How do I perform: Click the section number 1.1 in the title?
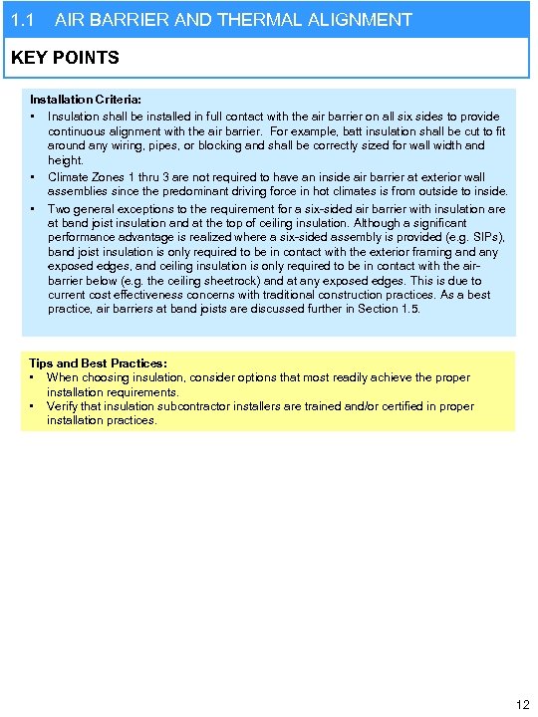(22, 20)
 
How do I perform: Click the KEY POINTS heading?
(65, 58)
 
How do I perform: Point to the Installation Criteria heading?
(86, 101)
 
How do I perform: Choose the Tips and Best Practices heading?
(99, 363)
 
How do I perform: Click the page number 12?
(522, 705)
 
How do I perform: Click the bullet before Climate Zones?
(34, 177)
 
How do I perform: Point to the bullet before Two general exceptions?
(34, 209)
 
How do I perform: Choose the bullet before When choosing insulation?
(34, 377)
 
